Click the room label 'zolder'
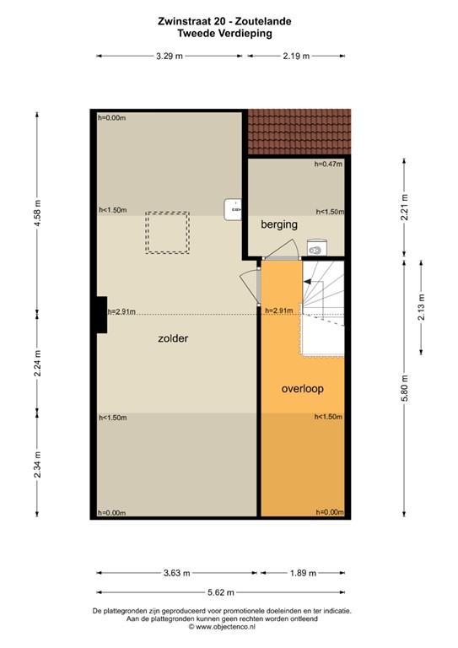pos(172,338)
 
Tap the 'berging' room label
pos(279,224)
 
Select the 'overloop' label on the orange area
pos(303,389)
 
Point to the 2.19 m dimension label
pos(296,56)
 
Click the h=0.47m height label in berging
pos(328,165)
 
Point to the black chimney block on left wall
pos(100,315)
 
